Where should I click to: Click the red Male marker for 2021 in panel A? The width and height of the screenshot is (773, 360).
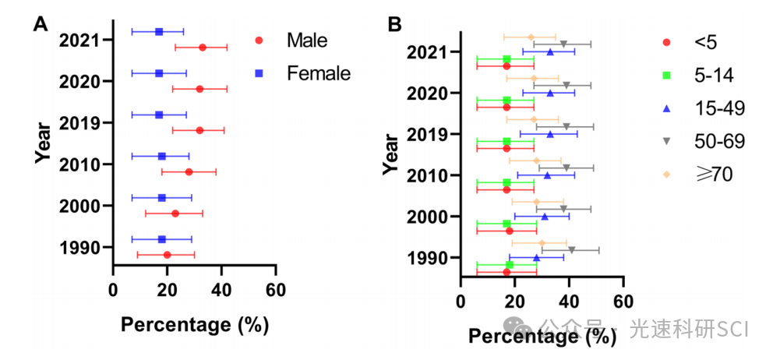pos(203,48)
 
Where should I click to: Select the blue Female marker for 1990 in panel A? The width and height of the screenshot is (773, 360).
pos(162,239)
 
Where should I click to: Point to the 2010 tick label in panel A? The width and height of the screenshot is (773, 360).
pos(78,164)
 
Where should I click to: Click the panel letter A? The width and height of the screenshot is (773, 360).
pos(41,24)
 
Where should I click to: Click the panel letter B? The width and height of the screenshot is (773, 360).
pos(395,24)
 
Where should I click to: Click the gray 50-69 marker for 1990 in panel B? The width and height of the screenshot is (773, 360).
pos(572,250)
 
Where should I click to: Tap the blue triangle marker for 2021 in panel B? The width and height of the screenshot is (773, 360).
pos(550,52)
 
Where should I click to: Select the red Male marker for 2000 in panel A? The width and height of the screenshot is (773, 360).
pos(175,214)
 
